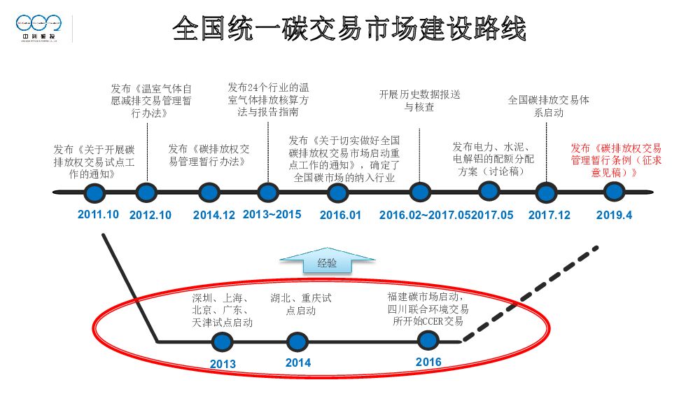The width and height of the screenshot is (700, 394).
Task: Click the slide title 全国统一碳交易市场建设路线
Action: coord(349,29)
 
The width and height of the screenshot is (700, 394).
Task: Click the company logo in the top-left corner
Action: coord(40,29)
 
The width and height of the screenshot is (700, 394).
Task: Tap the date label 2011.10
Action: coord(98,214)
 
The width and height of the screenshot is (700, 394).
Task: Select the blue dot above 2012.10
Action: coord(146,192)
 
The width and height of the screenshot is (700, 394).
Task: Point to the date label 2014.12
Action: coord(214,216)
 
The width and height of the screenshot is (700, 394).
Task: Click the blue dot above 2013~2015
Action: coord(267,192)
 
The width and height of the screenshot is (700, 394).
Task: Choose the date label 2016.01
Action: coord(340,216)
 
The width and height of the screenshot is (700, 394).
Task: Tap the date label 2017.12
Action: coord(549,216)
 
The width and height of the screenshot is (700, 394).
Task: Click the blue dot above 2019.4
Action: coord(614,191)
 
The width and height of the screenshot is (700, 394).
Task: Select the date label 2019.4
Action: coord(614,216)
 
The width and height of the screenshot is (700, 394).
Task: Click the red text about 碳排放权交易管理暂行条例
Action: coord(615,160)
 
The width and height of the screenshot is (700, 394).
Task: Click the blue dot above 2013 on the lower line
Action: coord(223,342)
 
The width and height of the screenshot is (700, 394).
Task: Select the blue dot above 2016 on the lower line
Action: coord(428,341)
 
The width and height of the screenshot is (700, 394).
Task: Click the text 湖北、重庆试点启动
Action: coord(300,304)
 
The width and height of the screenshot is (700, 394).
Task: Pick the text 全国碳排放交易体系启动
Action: coord(548,106)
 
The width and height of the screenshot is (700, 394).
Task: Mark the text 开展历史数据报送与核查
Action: coord(419,100)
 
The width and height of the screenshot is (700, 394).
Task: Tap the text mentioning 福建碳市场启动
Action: coord(428,309)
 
